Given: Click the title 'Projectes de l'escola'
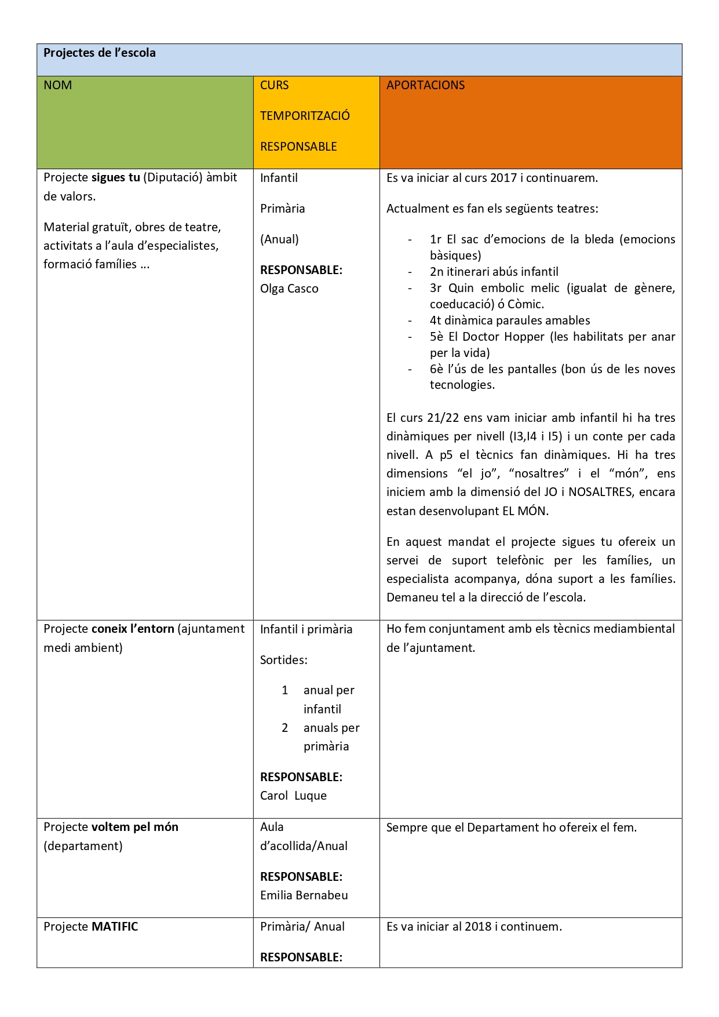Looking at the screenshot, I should tap(100, 53).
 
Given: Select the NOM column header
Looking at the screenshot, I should tap(58, 85).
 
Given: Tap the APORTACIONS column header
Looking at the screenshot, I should tap(425, 85).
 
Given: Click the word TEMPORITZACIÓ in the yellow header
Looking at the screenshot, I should tap(305, 116).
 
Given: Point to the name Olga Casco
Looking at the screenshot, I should tap(289, 289).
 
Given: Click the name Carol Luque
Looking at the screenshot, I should tap(293, 796).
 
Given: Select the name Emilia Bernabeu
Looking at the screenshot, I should tap(304, 895).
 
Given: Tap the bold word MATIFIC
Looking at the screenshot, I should tap(115, 927).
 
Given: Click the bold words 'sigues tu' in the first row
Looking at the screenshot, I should tap(116, 177).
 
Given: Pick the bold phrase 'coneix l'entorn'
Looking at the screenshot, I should tap(133, 629).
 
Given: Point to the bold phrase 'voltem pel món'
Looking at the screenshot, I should tap(135, 827).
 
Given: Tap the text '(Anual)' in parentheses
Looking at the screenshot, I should tap(279, 239).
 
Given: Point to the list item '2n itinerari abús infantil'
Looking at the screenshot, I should tap(494, 272).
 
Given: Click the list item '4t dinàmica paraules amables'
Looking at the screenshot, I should tap(510, 320).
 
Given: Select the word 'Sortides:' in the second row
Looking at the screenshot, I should tap(284, 660).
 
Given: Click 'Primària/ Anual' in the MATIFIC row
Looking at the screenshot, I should tap(302, 927).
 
